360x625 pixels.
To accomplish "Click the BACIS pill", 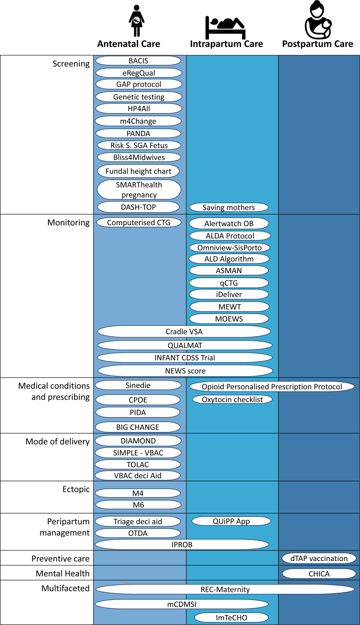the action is click(x=138, y=61).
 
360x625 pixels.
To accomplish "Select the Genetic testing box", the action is click(x=139, y=97).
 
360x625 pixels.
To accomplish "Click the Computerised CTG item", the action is click(x=139, y=222).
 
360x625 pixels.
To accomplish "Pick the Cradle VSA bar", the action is click(x=184, y=331).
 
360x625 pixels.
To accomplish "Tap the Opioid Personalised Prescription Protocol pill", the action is click(x=272, y=387).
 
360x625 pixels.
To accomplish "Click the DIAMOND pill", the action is click(x=139, y=441).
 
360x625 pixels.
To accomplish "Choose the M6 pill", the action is click(x=139, y=505).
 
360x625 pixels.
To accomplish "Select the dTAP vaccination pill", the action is click(x=319, y=559).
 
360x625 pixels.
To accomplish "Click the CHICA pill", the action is click(x=319, y=573).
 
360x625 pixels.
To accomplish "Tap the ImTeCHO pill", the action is click(x=231, y=618).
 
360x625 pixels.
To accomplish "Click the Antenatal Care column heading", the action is click(x=129, y=44).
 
